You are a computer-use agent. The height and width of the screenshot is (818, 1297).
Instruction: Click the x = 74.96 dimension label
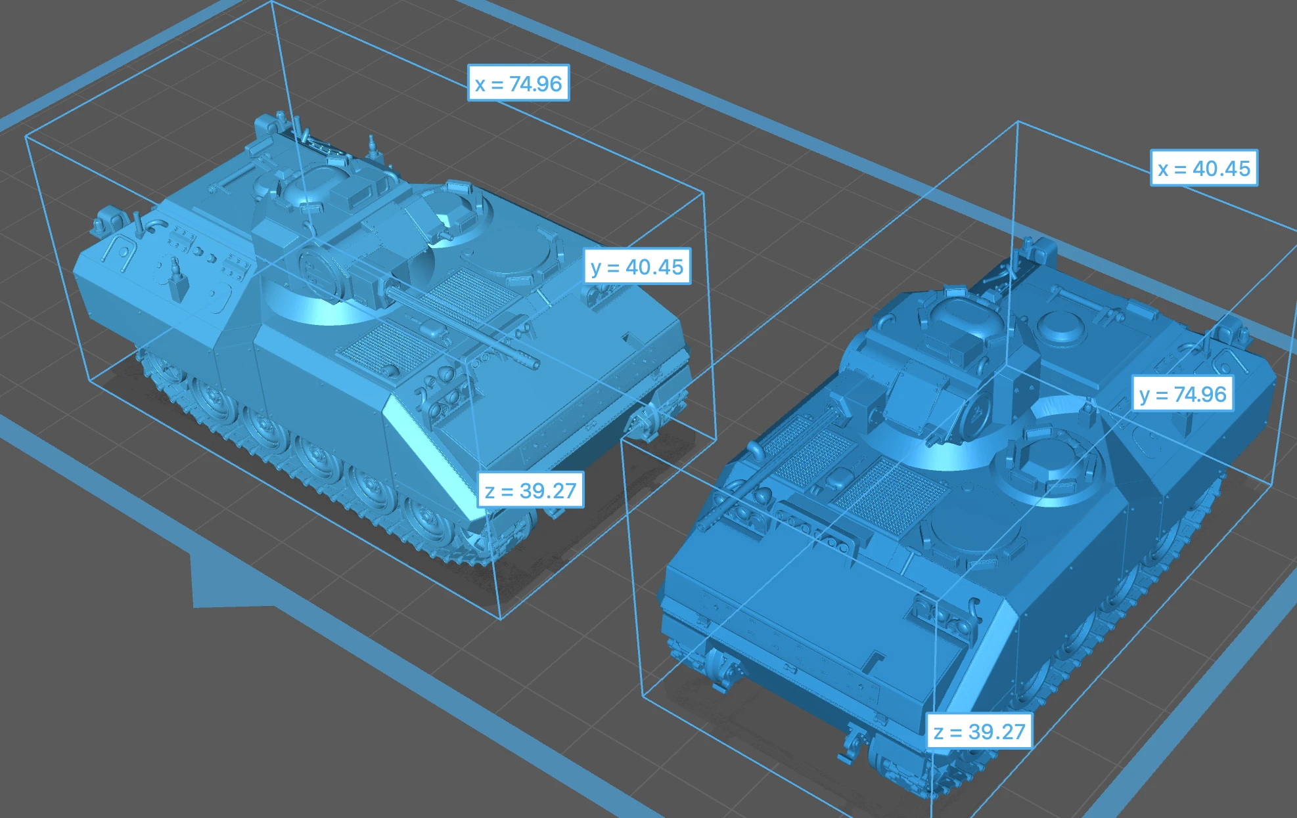(518, 83)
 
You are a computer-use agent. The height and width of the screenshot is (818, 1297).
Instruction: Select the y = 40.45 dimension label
(637, 267)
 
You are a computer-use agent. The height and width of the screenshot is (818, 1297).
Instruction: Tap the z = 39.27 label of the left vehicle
(530, 490)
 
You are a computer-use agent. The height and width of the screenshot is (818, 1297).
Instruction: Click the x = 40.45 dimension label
(1204, 168)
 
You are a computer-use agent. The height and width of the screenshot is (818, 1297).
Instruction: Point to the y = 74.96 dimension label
(1183, 394)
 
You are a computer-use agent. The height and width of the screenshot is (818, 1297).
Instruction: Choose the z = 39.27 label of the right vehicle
(979, 731)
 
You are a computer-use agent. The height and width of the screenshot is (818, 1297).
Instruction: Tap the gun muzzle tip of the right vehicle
(704, 526)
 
